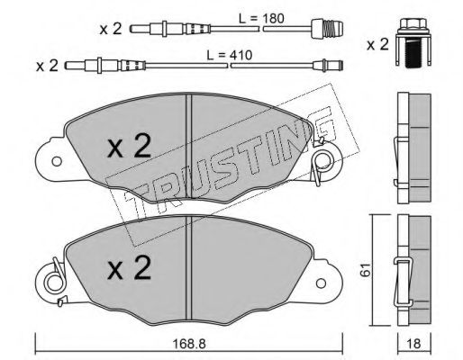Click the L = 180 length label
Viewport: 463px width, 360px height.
(x=260, y=19)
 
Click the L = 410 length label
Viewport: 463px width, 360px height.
(x=230, y=55)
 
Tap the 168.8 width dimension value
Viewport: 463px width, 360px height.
(x=189, y=344)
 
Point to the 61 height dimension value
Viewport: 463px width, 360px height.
(x=365, y=270)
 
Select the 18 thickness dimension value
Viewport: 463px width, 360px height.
(x=413, y=344)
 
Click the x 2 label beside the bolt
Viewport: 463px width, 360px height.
(x=377, y=45)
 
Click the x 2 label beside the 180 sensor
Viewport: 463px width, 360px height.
(x=111, y=29)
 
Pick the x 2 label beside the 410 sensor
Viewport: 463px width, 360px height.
(x=47, y=66)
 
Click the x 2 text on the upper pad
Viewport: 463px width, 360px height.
(x=130, y=146)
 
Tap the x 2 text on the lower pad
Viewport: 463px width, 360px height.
(x=130, y=268)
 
